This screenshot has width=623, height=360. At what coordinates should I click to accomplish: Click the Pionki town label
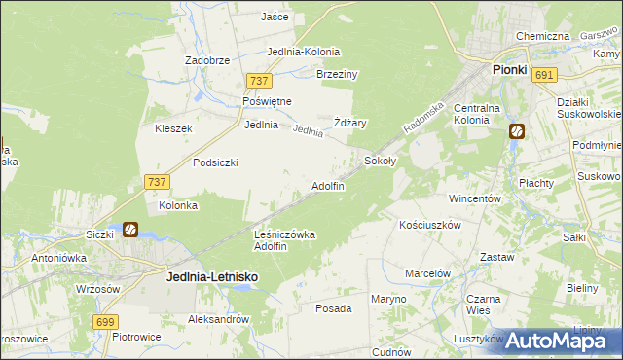click(509, 70)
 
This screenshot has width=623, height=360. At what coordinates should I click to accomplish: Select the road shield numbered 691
click(544, 75)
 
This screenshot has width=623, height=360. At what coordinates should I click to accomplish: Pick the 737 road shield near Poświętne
click(258, 81)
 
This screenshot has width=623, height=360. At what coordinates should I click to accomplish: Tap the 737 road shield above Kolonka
click(156, 181)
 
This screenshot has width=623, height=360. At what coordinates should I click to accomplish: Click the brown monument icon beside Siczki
click(129, 231)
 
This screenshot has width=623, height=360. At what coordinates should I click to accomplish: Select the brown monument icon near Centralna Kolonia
click(517, 130)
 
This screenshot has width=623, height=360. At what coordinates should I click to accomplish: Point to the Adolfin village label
click(327, 186)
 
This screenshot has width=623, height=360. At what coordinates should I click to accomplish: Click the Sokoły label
click(380, 160)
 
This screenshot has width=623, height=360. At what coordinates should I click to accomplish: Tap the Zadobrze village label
click(207, 59)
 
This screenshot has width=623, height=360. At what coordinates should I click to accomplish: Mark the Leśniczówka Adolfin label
click(284, 240)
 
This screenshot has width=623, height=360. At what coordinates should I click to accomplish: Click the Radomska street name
click(424, 117)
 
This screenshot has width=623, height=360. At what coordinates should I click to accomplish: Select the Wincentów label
click(474, 198)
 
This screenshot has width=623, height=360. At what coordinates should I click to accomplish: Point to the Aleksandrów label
click(218, 318)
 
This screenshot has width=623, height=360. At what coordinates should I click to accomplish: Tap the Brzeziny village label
click(338, 74)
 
